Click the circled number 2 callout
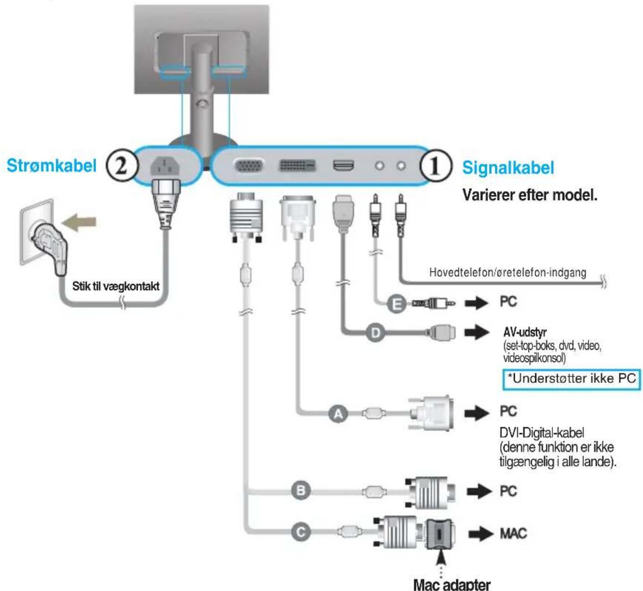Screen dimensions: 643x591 pyautogui.click(x=121, y=166)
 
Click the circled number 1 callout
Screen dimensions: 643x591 pyautogui.click(x=435, y=167)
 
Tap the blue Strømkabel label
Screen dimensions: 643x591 pyautogui.click(x=51, y=165)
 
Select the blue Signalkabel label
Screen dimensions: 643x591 pyautogui.click(x=508, y=168)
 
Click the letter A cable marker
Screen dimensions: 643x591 pyautogui.click(x=338, y=414)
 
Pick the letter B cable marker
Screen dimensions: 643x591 pyautogui.click(x=302, y=490)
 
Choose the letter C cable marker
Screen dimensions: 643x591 pyautogui.click(x=302, y=532)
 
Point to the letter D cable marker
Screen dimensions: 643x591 pyautogui.click(x=376, y=333)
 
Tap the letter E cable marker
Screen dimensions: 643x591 pyautogui.click(x=397, y=304)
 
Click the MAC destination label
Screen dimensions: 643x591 pyautogui.click(x=513, y=533)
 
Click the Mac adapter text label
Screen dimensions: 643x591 pyautogui.click(x=452, y=584)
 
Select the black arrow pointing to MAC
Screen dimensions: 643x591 pyautogui.click(x=481, y=533)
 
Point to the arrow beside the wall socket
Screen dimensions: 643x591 pyautogui.click(x=79, y=222)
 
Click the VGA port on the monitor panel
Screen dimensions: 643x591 pyautogui.click(x=249, y=166)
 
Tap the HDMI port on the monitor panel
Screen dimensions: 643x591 pyautogui.click(x=344, y=165)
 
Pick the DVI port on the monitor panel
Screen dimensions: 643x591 pyautogui.click(x=297, y=165)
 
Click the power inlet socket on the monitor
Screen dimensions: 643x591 pyautogui.click(x=165, y=166)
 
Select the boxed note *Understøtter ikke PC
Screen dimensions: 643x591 pyautogui.click(x=571, y=379)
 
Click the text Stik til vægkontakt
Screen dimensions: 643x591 pyautogui.click(x=116, y=286)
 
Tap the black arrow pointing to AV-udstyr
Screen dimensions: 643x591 pyautogui.click(x=477, y=332)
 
